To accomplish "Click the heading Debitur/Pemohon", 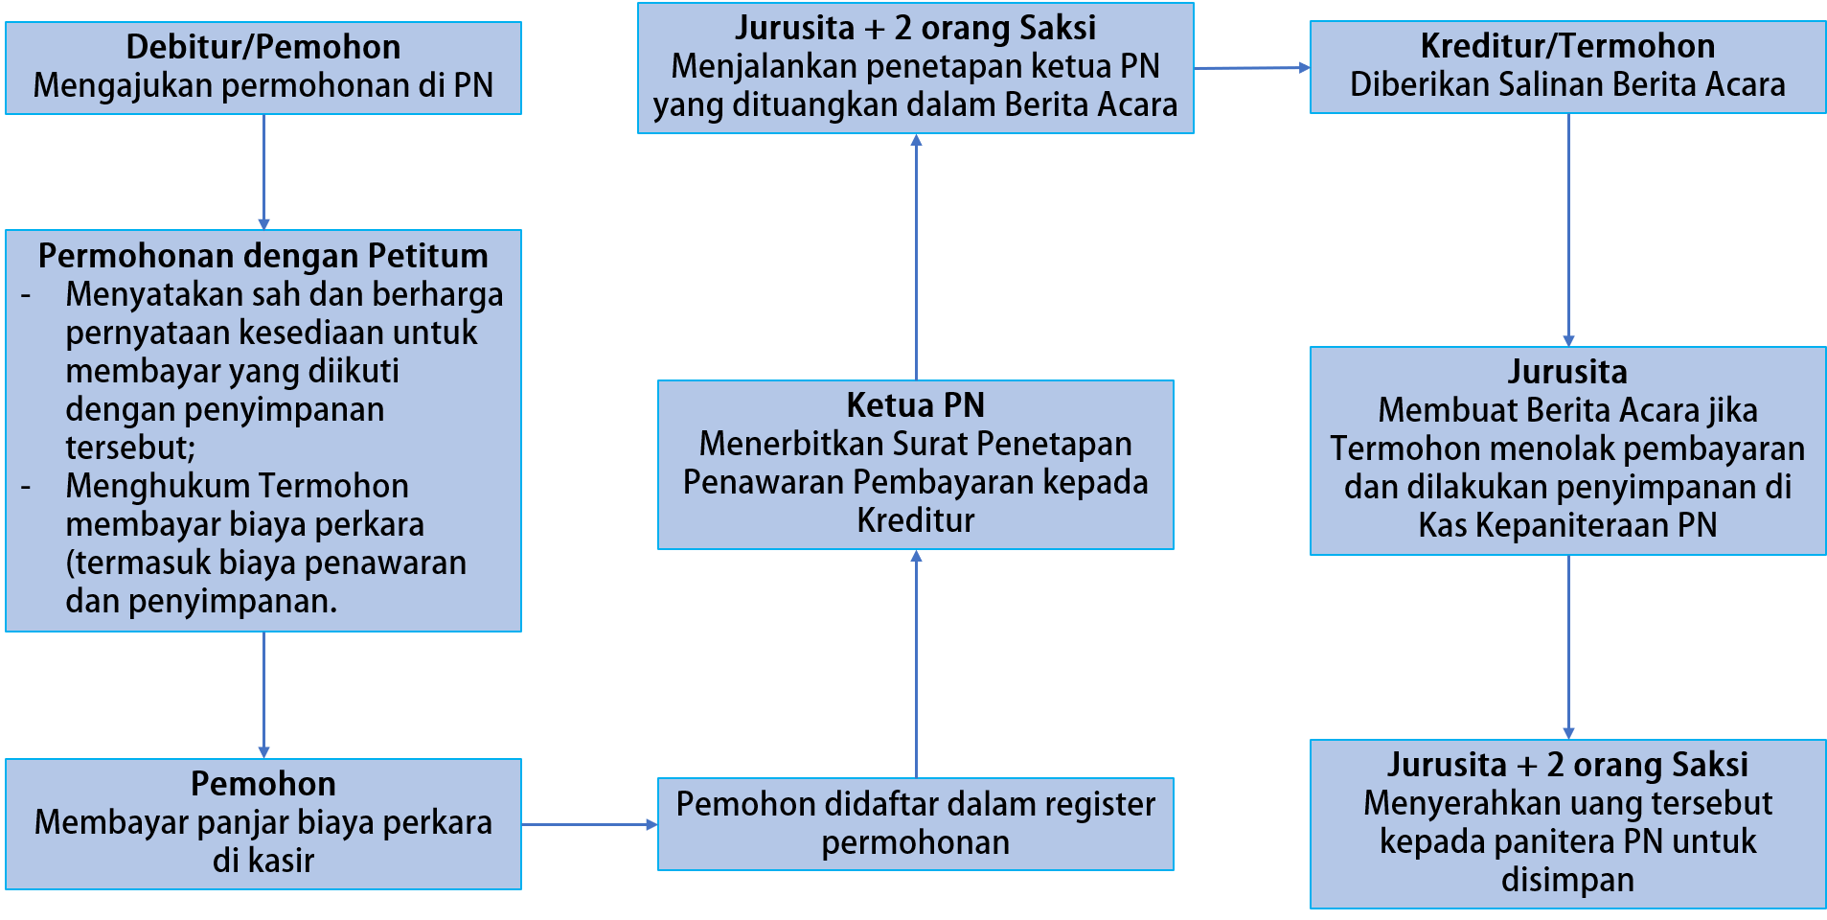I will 263,47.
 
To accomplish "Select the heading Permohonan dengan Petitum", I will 263,256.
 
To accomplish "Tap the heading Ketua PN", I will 915,405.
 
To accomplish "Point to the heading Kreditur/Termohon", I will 1567,46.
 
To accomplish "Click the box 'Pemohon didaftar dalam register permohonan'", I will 915,823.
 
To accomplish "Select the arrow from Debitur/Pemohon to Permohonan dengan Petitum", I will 263,172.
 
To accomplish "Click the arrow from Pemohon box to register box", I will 589,824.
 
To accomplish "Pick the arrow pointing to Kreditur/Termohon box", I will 1251,68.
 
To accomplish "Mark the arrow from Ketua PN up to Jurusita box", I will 916,257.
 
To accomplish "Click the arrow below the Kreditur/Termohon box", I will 1568,230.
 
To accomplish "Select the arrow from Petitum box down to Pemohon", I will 263,695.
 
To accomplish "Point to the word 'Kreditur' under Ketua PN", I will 915,520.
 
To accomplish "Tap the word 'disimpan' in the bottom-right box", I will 1567,880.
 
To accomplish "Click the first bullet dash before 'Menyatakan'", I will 26,295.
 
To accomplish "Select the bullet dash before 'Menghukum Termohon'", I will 26,487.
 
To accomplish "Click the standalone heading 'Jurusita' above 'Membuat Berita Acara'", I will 1567,372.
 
